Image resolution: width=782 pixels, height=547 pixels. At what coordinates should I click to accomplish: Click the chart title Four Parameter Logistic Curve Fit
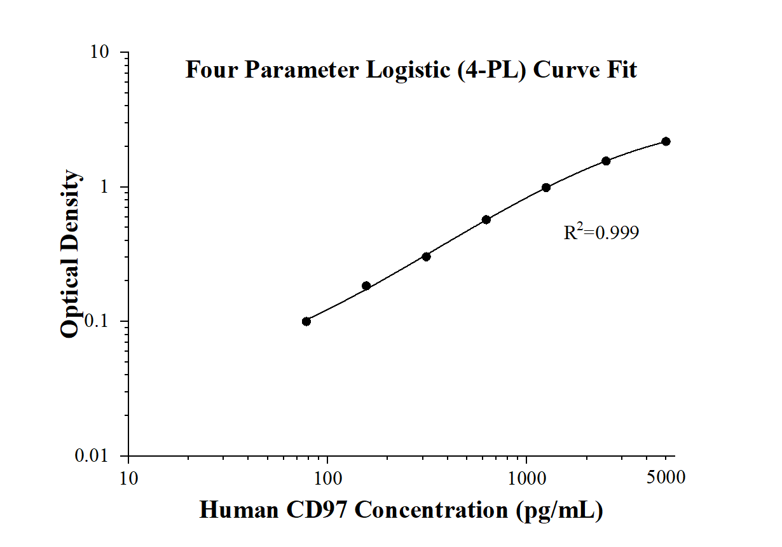(411, 69)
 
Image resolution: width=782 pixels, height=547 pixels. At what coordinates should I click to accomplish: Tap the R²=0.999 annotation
(601, 233)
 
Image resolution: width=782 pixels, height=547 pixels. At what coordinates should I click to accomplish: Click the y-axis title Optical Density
(71, 254)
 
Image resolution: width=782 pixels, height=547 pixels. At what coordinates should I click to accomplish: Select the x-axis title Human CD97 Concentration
(401, 510)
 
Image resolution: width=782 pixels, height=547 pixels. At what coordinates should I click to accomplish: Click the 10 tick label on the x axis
(128, 477)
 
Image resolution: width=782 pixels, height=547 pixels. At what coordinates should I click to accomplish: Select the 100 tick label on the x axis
(327, 477)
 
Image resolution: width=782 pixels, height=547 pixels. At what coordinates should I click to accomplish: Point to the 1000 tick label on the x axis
(526, 477)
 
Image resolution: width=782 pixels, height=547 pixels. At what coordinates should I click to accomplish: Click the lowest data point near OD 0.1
(306, 321)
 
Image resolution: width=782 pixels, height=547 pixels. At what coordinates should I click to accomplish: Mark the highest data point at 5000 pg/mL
(666, 141)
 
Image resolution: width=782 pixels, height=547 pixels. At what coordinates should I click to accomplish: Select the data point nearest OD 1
(546, 188)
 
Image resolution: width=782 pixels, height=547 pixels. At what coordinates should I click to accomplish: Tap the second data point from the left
(366, 286)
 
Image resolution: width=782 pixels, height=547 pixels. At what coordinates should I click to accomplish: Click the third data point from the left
(426, 256)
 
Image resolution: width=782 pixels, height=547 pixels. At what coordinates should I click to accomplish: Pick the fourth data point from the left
(486, 219)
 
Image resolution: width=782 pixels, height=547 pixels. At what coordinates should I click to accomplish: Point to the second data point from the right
(606, 161)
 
